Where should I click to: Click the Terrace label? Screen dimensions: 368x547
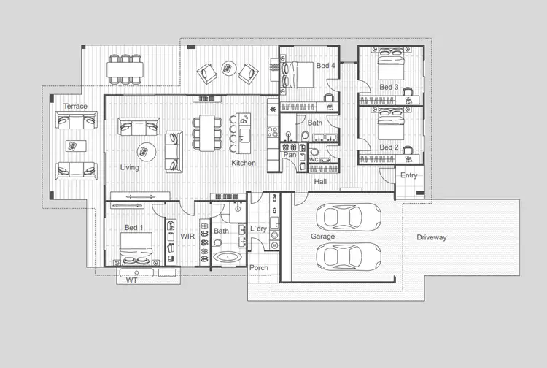point(75,107)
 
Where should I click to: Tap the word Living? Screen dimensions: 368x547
point(130,167)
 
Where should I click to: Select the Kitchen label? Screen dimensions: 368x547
point(244,163)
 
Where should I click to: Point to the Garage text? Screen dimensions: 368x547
point(322,237)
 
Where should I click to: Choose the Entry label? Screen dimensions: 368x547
point(409,175)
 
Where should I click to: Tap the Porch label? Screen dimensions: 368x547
point(259,268)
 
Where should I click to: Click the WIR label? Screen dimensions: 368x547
point(187,237)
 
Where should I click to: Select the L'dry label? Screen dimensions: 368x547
point(259,229)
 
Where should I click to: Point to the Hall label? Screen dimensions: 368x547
point(321,180)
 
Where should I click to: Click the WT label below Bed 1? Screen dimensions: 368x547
point(132,280)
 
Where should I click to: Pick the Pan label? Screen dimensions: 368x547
point(290,155)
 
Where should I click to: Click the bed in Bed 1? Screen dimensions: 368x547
point(136,248)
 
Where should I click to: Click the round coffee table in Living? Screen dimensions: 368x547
point(147,151)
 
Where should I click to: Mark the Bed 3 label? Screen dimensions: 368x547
point(389,87)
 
